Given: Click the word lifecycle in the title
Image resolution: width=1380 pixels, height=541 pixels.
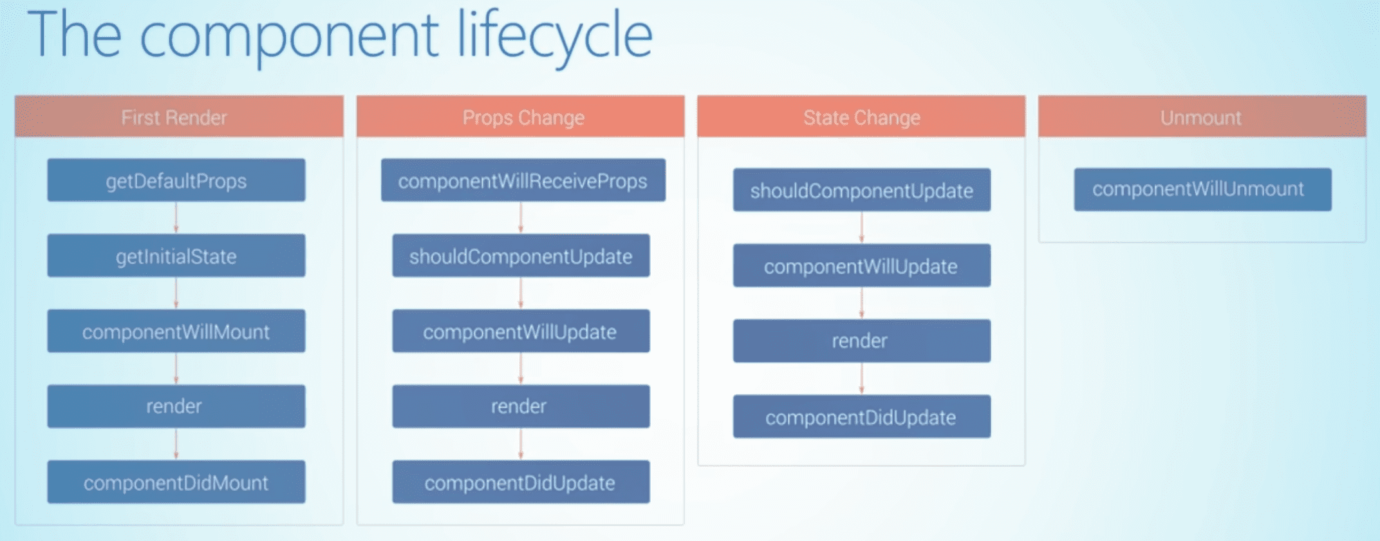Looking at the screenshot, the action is click(x=555, y=36).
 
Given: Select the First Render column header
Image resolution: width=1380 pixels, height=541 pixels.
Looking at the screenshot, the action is click(x=179, y=117).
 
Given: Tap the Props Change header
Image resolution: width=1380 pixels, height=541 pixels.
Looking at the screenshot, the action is click(x=520, y=117).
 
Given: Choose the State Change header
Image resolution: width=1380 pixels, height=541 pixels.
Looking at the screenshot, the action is click(x=861, y=117).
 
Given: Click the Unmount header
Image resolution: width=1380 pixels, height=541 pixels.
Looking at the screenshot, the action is click(x=1202, y=117).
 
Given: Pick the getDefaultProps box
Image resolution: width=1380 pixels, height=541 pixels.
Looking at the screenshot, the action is click(x=176, y=180).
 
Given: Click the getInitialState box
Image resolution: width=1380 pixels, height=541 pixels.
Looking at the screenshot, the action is click(x=176, y=256).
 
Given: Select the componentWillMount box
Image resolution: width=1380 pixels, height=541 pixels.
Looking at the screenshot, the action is click(x=176, y=331).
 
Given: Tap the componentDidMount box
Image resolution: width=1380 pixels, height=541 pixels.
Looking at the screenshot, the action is click(x=176, y=482).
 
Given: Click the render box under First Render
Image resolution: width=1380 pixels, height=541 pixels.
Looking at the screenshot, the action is click(x=176, y=406).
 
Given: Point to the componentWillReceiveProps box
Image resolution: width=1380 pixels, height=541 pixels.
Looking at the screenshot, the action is click(x=523, y=180).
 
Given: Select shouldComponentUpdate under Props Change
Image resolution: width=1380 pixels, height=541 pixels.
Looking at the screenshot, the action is click(x=521, y=256).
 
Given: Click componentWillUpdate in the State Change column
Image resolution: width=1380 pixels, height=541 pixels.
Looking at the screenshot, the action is click(x=862, y=265).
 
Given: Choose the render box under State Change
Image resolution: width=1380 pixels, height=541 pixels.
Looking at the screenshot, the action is click(x=862, y=341).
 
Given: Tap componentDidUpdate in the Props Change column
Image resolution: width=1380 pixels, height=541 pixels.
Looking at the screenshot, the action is click(x=521, y=482).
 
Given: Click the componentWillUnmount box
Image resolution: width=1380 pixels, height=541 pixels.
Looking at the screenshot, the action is click(x=1203, y=189).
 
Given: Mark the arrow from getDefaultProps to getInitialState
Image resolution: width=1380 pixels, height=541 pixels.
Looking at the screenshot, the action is click(x=176, y=218).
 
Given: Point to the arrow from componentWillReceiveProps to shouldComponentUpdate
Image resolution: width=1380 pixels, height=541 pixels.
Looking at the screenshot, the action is click(x=521, y=218).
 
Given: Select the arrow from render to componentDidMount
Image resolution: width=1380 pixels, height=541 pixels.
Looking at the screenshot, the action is click(x=176, y=444).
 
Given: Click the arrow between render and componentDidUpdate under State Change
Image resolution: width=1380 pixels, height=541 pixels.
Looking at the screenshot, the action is click(x=862, y=378).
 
